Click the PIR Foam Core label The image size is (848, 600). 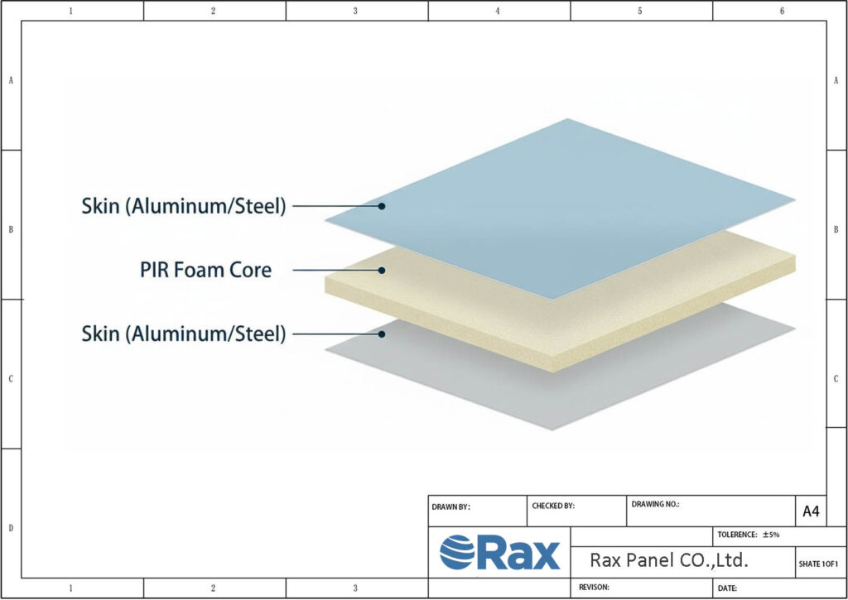tap(205, 270)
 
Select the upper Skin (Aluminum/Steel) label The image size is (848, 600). tap(183, 206)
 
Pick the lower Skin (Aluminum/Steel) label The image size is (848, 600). tap(183, 334)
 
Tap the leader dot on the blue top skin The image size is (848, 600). tap(382, 206)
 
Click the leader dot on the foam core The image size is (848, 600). tap(382, 270)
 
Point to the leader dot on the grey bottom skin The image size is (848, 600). tap(382, 334)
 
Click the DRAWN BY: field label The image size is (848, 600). tap(451, 506)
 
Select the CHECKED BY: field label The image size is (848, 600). tap(552, 505)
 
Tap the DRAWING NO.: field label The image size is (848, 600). tap(655, 504)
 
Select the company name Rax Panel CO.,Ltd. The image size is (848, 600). tap(669, 560)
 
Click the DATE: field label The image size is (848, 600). tap(728, 588)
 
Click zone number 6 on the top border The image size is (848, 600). tap(782, 11)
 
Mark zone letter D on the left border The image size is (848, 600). tap(10, 528)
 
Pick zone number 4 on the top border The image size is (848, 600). tap(498, 11)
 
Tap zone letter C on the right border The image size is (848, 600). tap(836, 378)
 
